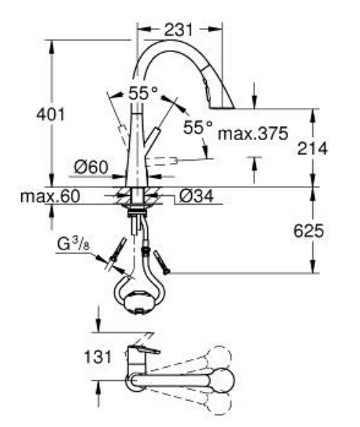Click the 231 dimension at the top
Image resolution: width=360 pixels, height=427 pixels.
[x=179, y=30]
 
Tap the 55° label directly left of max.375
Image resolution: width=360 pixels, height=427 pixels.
[x=197, y=126]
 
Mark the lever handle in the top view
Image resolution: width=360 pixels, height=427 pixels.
[x=142, y=350]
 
